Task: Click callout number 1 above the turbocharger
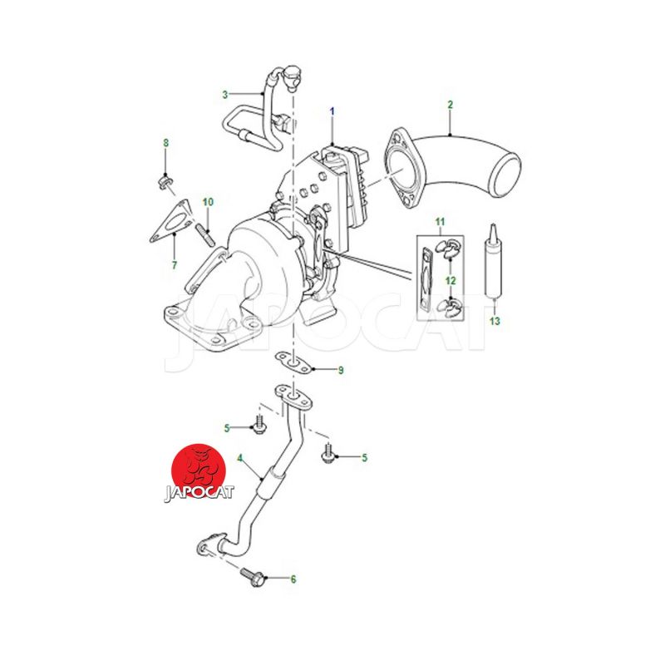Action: (x=332, y=111)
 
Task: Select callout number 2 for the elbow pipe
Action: (x=450, y=105)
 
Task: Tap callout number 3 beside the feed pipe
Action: (x=225, y=95)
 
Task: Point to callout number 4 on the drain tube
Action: (x=239, y=458)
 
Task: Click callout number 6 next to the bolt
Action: (x=293, y=579)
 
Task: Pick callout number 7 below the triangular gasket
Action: (x=175, y=265)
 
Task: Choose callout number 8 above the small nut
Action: (x=165, y=143)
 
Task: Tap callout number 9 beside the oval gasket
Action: (x=341, y=370)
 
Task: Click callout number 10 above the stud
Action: (x=208, y=202)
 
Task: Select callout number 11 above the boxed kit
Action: (x=440, y=222)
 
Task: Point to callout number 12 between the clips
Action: (x=451, y=280)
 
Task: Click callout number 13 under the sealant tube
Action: (x=495, y=321)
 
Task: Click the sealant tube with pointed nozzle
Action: (x=494, y=260)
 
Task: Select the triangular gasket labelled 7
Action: (x=170, y=222)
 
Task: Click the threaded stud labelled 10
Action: (x=205, y=234)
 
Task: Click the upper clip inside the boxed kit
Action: (x=448, y=248)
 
